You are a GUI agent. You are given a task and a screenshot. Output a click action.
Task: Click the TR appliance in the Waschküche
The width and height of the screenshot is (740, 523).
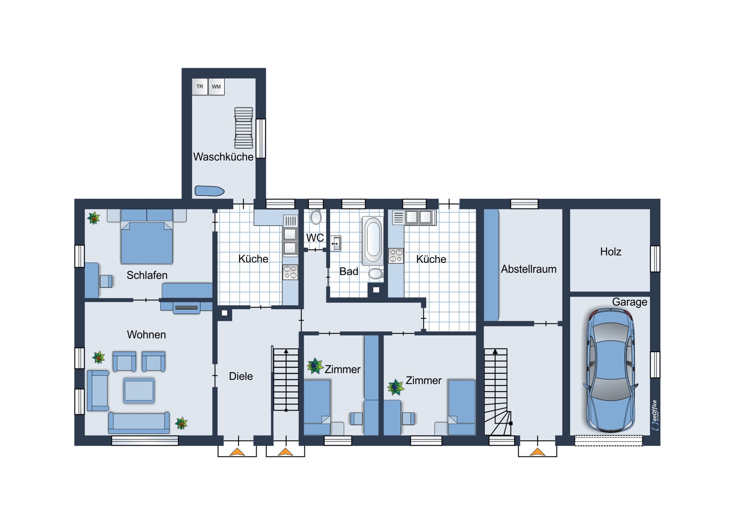(x=200, y=87)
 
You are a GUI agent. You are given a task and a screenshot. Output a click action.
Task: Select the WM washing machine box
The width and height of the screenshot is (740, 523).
(x=216, y=87)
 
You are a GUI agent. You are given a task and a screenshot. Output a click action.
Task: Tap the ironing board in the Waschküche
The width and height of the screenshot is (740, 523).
(x=209, y=191)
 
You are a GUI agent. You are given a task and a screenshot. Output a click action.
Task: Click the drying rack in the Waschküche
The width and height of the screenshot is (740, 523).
(x=244, y=128)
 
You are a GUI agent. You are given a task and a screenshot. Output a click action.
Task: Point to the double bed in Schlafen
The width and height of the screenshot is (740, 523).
(x=146, y=237)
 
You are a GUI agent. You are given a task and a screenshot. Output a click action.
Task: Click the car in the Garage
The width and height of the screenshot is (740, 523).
(x=610, y=370)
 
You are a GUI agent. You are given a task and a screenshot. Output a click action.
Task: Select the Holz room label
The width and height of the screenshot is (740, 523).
(x=610, y=252)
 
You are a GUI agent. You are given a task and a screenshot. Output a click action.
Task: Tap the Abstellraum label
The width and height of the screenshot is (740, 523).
(x=528, y=269)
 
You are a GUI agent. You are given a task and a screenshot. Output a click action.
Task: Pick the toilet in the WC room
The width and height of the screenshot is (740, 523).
(x=316, y=217)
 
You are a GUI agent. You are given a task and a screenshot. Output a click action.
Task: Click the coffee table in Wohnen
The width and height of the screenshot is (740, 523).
(x=139, y=390)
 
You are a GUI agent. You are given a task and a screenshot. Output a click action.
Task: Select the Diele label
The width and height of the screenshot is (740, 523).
(x=241, y=376)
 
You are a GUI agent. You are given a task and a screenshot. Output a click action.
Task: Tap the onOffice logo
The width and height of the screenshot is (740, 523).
(x=655, y=415)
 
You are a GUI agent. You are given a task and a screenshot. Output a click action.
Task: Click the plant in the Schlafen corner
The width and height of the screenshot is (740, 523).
(x=94, y=218)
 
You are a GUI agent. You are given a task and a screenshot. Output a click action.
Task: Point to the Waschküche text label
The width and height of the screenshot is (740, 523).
(x=223, y=157)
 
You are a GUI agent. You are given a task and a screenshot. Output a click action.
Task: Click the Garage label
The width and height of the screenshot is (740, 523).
(x=629, y=302)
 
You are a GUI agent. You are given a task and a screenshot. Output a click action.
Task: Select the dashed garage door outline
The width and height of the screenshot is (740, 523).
(x=609, y=441)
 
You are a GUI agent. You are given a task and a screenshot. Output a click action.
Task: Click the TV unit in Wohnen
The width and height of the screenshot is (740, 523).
(x=187, y=307)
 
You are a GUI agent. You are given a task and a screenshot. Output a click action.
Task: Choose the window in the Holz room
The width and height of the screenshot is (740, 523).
(x=655, y=259)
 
